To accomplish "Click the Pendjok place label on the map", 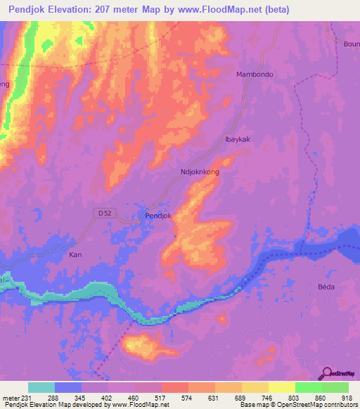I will pyautogui.click(x=157, y=215).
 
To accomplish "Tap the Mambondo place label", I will pyautogui.click(x=255, y=74).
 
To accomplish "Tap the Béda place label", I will pyautogui.click(x=326, y=287).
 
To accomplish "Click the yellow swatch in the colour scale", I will pyautogui.click(x=281, y=387).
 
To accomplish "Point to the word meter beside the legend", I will pyautogui.click(x=11, y=398).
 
